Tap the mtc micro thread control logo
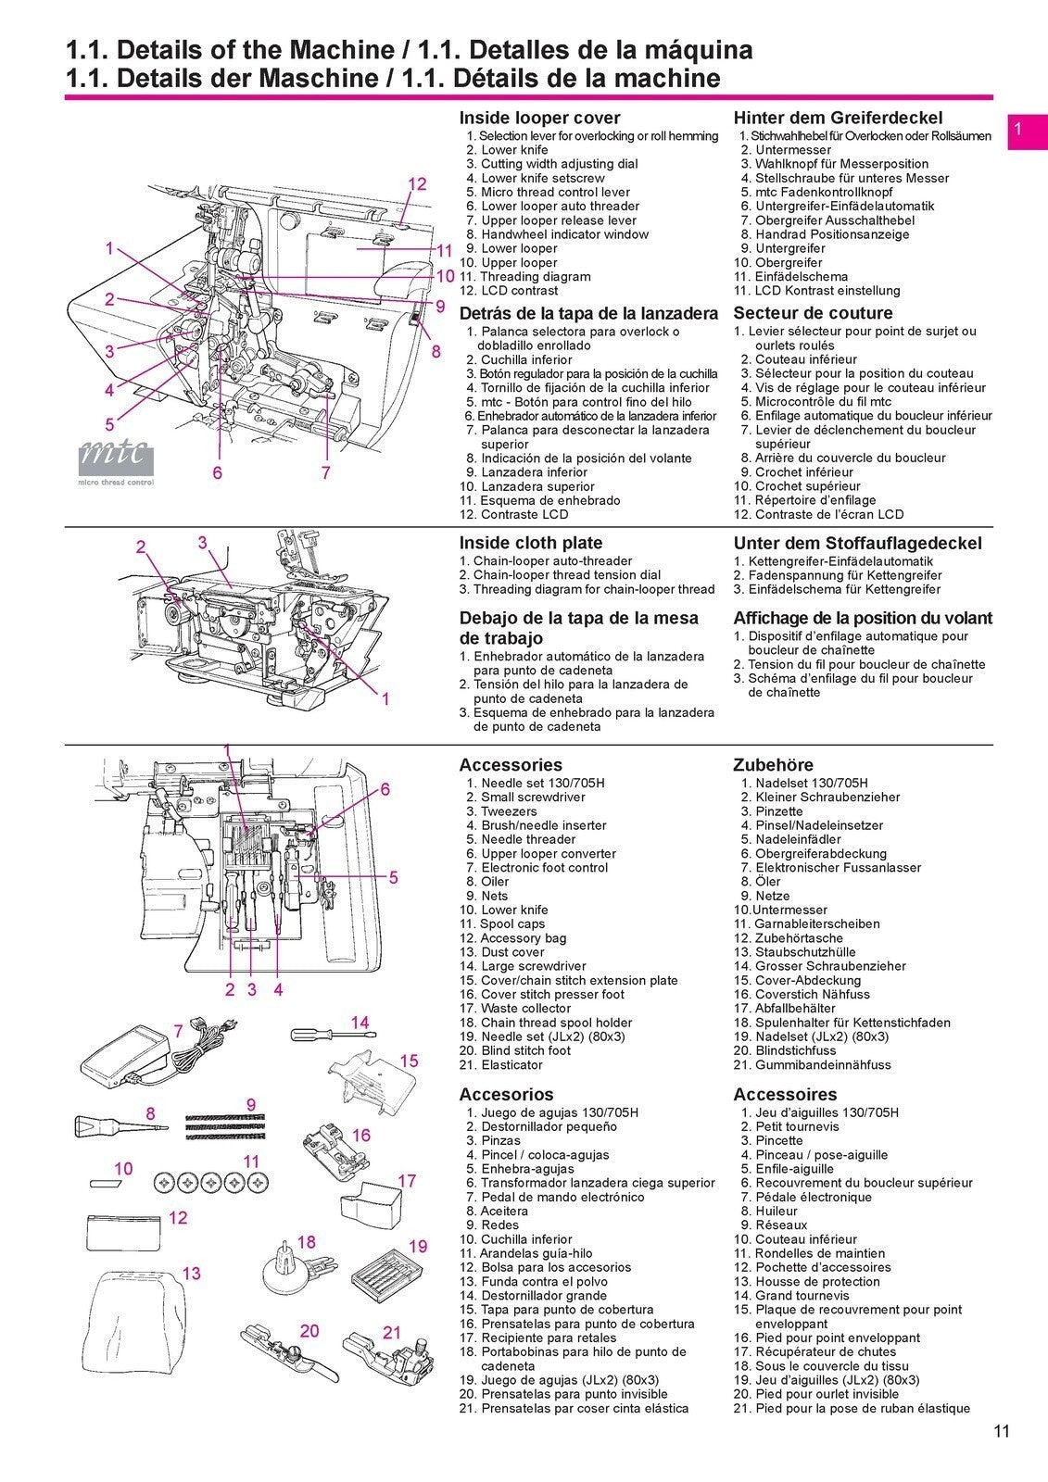click(116, 461)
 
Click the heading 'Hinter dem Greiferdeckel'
click(838, 118)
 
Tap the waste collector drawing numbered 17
click(372, 1203)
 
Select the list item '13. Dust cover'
click(501, 952)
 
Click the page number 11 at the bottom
click(1001, 1431)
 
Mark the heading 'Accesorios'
click(506, 1094)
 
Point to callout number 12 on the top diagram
click(417, 183)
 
